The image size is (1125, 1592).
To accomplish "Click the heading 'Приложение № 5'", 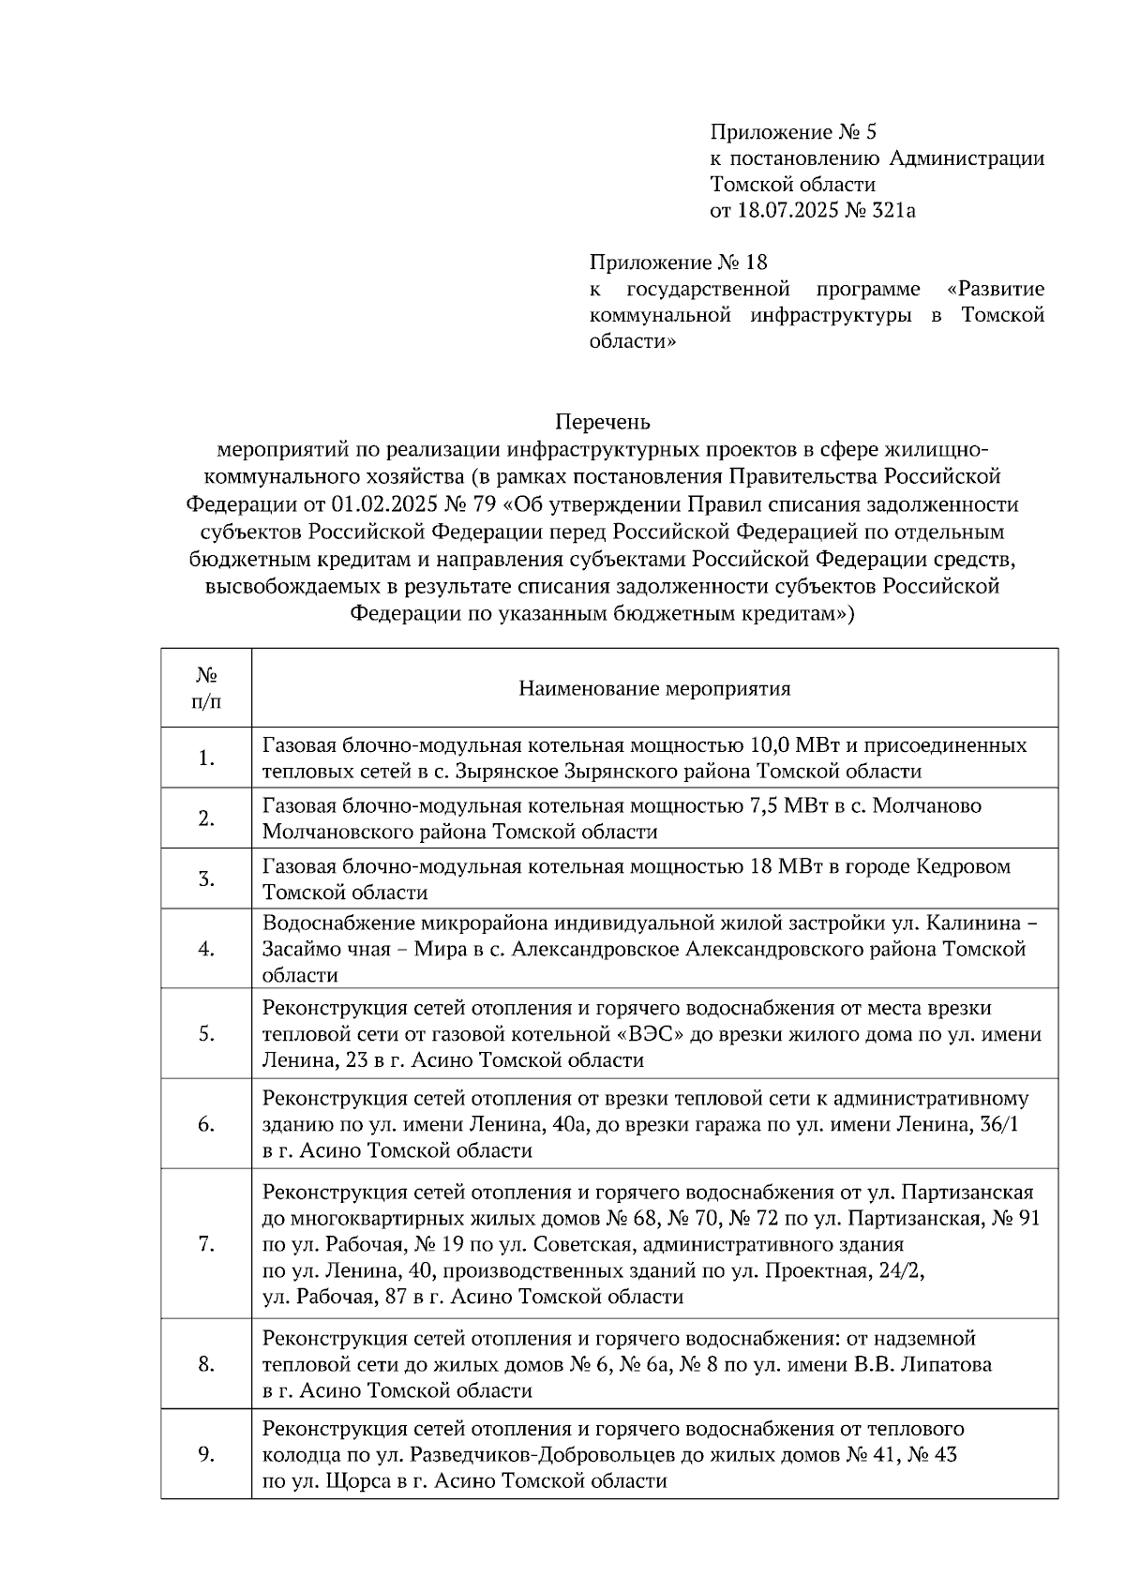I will point(793,131).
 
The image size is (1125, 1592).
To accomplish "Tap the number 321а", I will point(892,210).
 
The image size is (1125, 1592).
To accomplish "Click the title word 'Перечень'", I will point(603,422).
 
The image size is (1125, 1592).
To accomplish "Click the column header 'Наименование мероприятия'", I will point(654,689).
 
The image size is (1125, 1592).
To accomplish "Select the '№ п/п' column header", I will point(206,688).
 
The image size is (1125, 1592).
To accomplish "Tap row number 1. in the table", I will point(206,758).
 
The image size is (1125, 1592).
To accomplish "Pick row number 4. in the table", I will point(206,949).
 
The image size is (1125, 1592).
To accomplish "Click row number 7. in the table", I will point(206,1244).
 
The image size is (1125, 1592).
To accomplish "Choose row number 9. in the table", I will point(206,1454).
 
